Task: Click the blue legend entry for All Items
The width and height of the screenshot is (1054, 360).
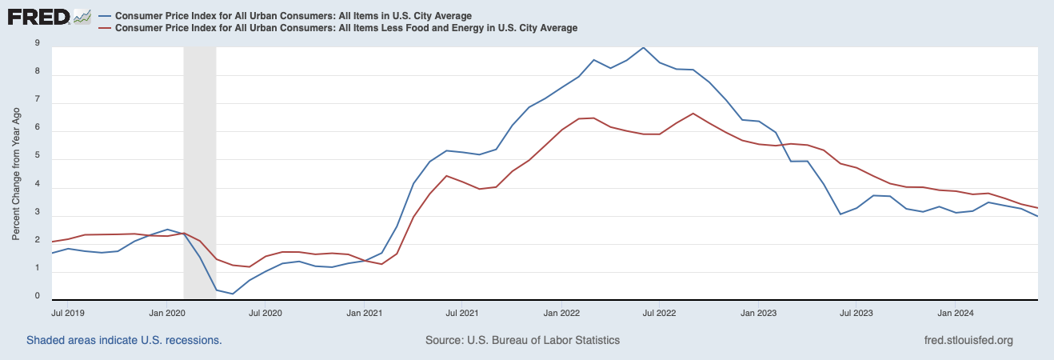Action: point(293,16)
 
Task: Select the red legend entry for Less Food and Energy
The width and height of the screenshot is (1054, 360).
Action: point(345,28)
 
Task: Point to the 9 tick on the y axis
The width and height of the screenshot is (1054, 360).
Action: point(37,44)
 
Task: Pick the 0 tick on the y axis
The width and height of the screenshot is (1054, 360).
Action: point(37,296)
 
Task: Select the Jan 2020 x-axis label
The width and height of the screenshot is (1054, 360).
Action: point(168,313)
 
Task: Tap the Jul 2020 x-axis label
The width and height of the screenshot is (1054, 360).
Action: point(266,313)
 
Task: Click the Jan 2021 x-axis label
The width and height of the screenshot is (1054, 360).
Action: point(365,313)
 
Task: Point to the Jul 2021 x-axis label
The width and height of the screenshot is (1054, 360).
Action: point(463,313)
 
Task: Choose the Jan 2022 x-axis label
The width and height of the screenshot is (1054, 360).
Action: point(561,313)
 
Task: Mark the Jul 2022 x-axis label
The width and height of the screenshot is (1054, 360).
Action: point(660,313)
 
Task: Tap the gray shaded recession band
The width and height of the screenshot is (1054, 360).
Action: point(200,160)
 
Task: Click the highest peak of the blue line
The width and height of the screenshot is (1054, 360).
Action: point(644,47)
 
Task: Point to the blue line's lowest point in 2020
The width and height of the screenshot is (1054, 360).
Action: point(233,294)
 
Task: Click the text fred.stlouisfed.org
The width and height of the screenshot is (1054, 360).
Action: point(968,340)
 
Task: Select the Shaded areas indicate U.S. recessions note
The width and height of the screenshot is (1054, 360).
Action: point(124,340)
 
